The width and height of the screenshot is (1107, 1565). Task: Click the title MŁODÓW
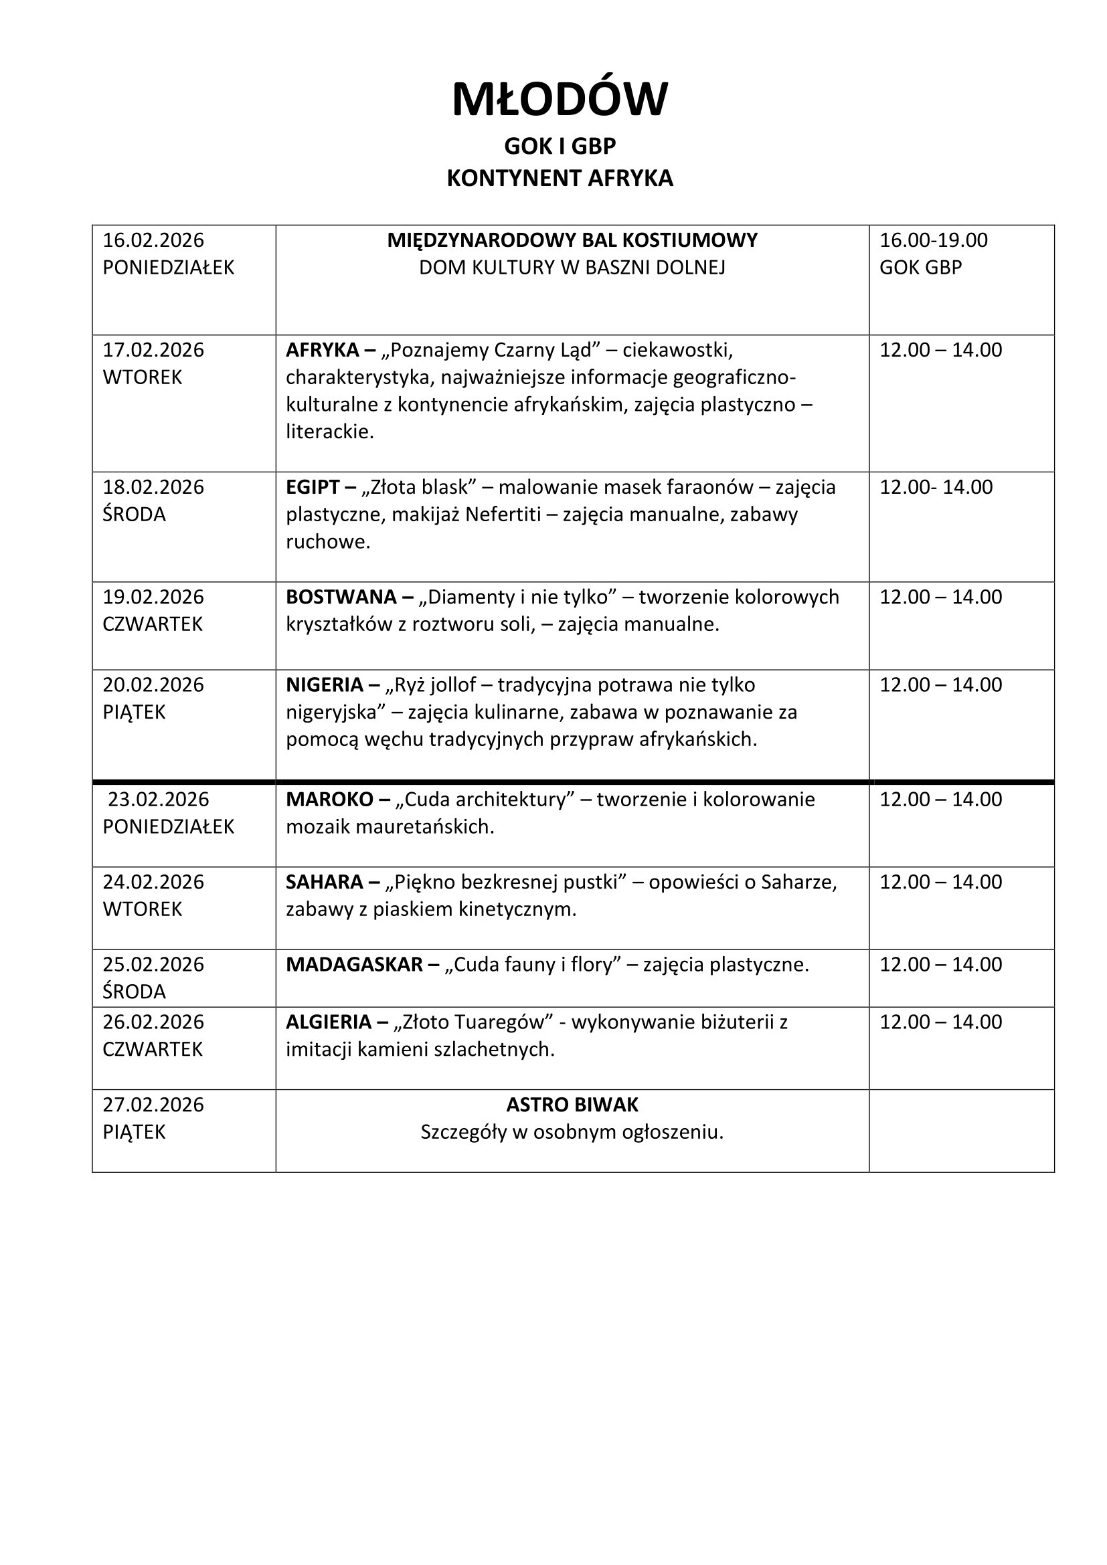click(560, 100)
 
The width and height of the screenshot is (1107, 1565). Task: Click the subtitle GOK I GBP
click(560, 146)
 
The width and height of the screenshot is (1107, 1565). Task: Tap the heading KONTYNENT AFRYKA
click(560, 178)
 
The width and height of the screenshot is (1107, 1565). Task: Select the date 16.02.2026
click(153, 240)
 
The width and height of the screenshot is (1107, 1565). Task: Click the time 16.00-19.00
click(933, 240)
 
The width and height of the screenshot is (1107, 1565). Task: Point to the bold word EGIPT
click(312, 486)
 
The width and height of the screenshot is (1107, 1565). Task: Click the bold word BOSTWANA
click(341, 596)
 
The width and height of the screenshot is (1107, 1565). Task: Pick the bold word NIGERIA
click(325, 684)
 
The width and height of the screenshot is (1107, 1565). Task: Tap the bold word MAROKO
click(329, 799)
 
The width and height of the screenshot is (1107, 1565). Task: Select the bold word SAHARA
click(325, 881)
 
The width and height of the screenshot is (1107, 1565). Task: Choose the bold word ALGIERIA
click(329, 1022)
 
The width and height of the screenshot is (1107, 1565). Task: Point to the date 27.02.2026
click(153, 1104)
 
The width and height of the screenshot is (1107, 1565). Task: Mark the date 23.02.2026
click(158, 799)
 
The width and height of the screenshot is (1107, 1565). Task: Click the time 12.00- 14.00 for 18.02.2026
click(936, 486)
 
